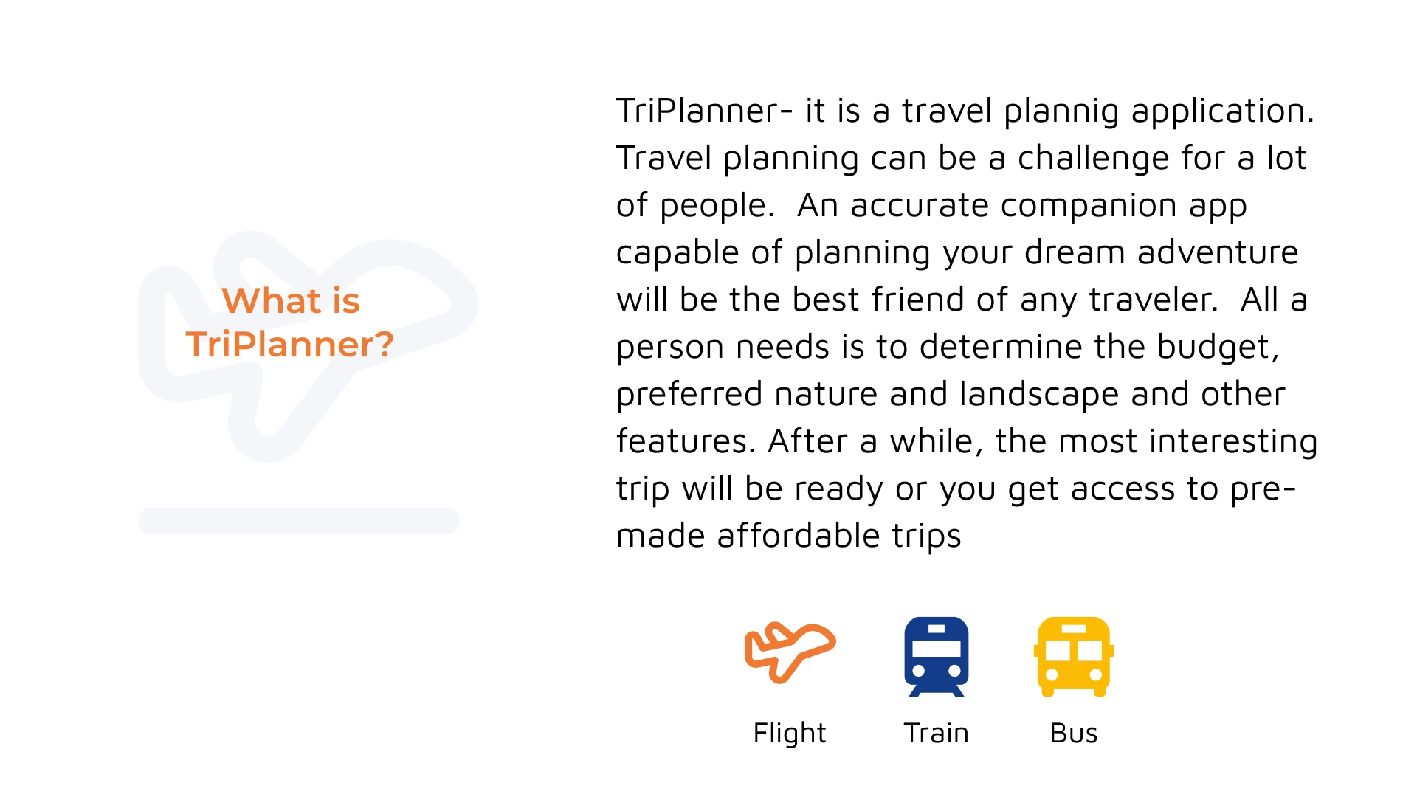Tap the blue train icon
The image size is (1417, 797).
[x=937, y=656]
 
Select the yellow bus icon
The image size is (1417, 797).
[x=1074, y=656]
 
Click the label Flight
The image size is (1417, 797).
[x=789, y=734]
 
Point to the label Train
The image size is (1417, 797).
[x=936, y=733]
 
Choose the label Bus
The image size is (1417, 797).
[x=1074, y=733]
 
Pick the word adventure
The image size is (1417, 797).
[x=1218, y=252]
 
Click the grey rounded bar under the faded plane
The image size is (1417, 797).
[x=299, y=521]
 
